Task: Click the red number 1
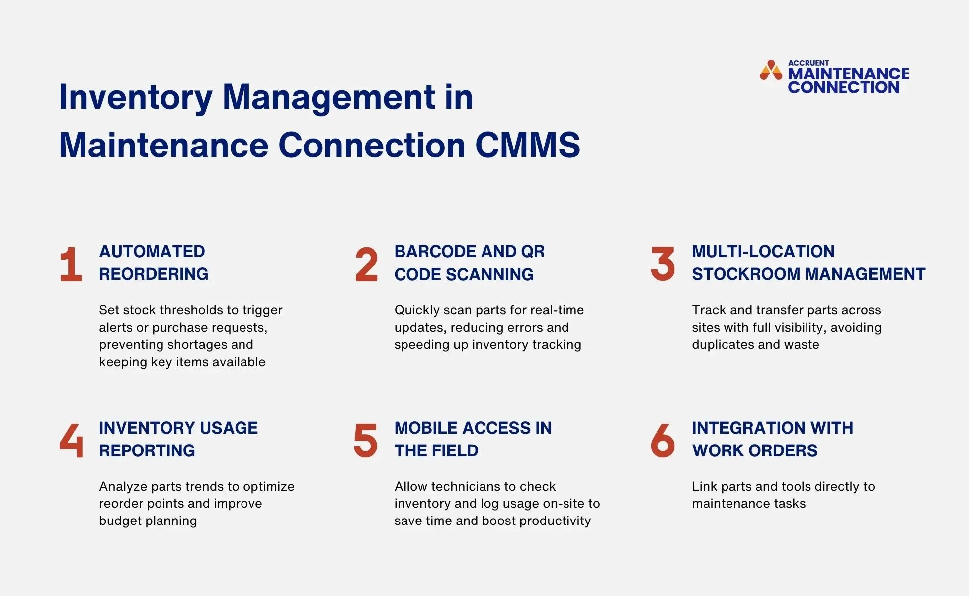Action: (x=71, y=264)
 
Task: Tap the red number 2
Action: (x=367, y=264)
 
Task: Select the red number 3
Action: (x=663, y=264)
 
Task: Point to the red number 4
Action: (x=71, y=440)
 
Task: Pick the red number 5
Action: (x=365, y=440)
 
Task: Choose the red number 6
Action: (x=663, y=440)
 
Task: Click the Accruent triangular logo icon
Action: (x=771, y=71)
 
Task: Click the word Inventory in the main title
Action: (x=136, y=97)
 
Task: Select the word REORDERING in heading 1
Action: (x=154, y=274)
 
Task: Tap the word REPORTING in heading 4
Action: (x=147, y=450)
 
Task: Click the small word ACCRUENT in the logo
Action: (x=808, y=63)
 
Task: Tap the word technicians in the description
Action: (x=460, y=486)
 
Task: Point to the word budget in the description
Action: (x=119, y=521)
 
